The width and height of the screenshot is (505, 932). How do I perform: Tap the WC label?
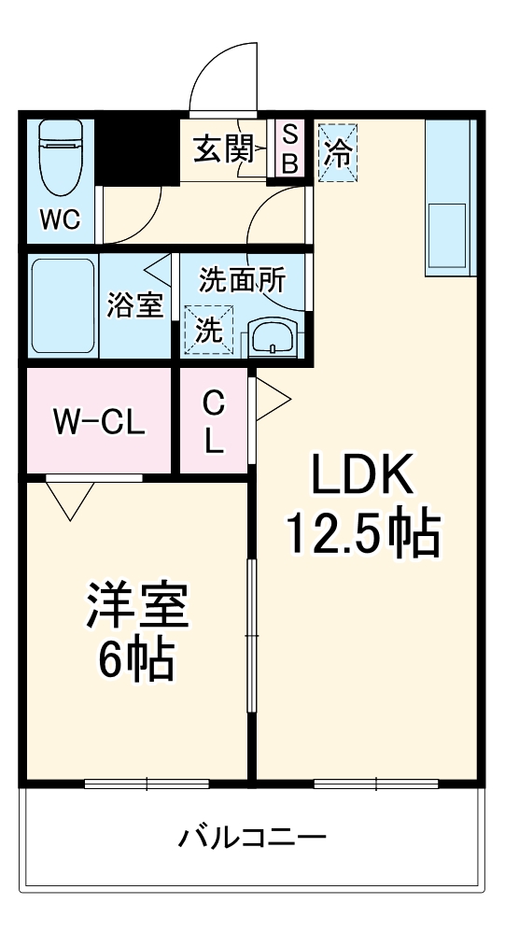pos(60,220)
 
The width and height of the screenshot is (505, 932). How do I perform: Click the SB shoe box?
pos(288,148)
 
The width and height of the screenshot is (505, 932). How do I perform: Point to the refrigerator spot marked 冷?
pos(337,149)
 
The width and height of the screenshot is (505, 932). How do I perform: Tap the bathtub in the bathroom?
pos(63,305)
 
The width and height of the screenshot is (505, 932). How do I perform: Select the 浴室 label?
pos(135,305)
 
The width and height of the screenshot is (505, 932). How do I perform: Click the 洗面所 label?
pos(243,279)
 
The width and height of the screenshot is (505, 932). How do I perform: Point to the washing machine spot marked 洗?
pos(208,330)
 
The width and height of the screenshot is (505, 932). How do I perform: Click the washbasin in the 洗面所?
pos(273,337)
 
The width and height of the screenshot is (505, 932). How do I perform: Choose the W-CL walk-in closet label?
pos(98,423)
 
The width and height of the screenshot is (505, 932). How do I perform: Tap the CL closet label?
pos(215,421)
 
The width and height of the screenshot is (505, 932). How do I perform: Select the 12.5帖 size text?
pos(362,533)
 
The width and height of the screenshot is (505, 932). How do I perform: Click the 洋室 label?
pos(137,608)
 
